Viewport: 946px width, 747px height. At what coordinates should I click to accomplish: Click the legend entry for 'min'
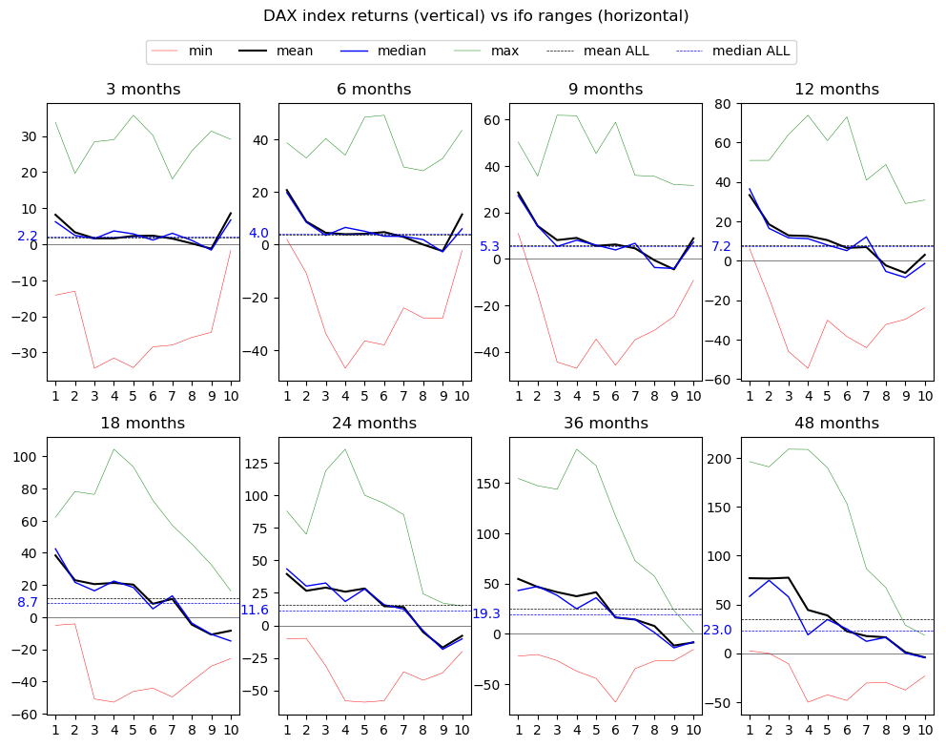point(200,52)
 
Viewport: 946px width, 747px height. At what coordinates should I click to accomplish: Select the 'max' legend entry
point(504,52)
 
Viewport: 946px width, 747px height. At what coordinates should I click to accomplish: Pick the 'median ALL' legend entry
point(751,52)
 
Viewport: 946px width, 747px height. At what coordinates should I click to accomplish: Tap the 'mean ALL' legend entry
point(616,52)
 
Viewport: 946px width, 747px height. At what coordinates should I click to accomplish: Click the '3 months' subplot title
point(143,90)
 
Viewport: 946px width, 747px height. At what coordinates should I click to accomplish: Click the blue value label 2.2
point(28,237)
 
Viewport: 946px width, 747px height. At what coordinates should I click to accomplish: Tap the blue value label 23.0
point(717,631)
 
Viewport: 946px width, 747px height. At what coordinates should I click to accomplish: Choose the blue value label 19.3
point(486,614)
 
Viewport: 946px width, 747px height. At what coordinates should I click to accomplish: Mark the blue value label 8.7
point(28,603)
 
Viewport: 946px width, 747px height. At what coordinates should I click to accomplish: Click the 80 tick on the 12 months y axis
point(721,104)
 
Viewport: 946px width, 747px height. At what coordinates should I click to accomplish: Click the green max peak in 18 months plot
point(113,449)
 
